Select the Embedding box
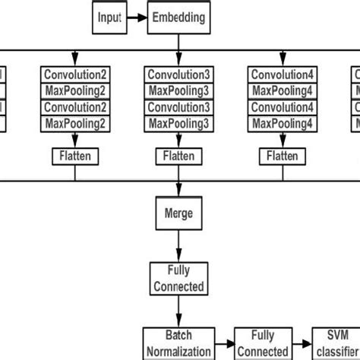pos(179,17)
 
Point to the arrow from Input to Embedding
pos(137,17)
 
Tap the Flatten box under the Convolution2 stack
pos(75,156)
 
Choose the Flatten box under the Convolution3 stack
pos(178,156)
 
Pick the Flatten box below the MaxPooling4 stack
pos(283,156)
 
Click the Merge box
pos(178,213)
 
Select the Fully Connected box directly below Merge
pos(178,279)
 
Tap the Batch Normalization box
pos(178,343)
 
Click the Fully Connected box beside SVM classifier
pos(261,343)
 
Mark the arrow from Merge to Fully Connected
pos(178,245)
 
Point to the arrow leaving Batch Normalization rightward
pos(223,344)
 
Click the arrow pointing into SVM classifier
pos(302,344)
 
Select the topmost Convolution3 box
pos(178,74)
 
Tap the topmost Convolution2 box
pos(75,74)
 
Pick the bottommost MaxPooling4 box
pos(283,122)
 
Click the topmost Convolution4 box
pos(283,74)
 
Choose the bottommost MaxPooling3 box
pos(178,122)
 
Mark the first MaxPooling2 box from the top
pos(75,90)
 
